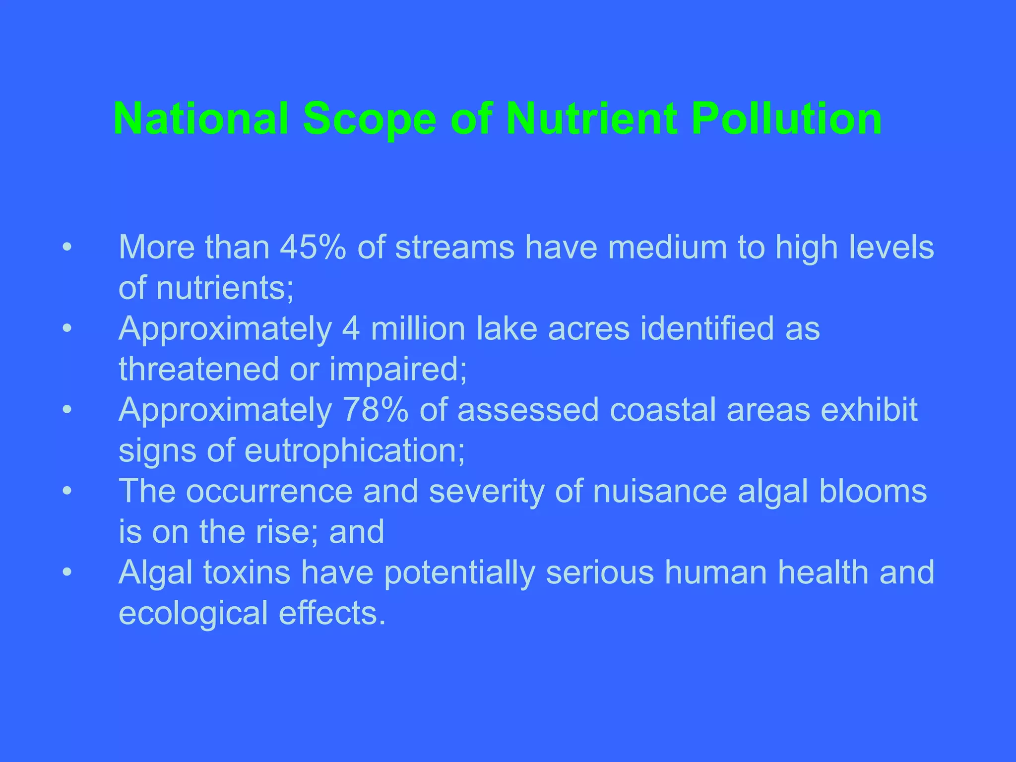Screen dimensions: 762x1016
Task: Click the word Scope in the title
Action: click(370, 119)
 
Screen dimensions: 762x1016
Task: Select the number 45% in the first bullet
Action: click(313, 247)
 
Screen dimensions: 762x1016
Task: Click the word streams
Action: click(454, 247)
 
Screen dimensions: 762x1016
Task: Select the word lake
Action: click(506, 328)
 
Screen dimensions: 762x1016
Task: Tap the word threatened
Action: click(199, 369)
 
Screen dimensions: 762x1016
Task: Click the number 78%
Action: click(376, 410)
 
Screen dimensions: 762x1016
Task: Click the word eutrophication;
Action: click(355, 450)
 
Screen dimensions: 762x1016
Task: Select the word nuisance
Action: click(660, 491)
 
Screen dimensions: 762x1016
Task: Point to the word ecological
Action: click(193, 613)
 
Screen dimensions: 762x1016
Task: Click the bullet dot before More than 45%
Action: click(67, 247)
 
